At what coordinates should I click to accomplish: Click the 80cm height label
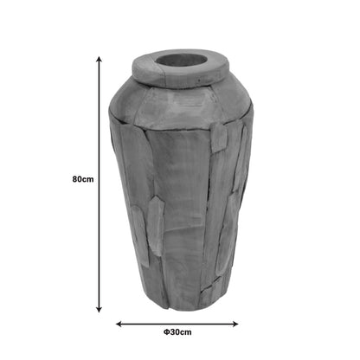(83, 179)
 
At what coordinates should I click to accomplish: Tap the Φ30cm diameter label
(177, 332)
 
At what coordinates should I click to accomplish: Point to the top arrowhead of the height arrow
(99, 59)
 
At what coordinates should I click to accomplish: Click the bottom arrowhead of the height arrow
(99, 310)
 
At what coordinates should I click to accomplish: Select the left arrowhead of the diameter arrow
(119, 324)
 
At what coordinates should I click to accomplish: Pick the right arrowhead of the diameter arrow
(235, 324)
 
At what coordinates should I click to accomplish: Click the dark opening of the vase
(181, 61)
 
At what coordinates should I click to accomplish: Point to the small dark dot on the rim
(199, 80)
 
